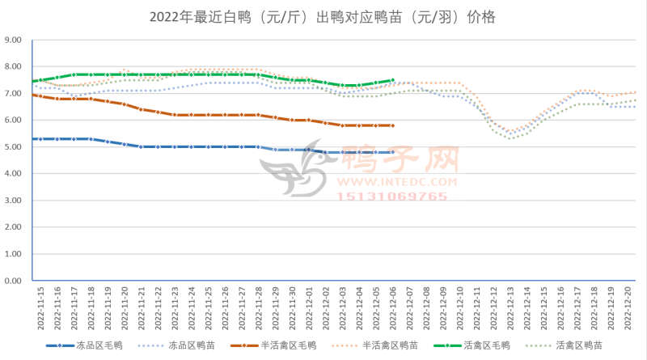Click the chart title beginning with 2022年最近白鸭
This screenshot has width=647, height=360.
point(323,16)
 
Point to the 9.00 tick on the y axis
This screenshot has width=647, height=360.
point(14,40)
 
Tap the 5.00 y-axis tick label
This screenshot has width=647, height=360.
point(14,147)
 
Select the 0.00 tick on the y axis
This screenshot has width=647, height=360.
point(14,282)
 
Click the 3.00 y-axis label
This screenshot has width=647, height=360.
point(14,201)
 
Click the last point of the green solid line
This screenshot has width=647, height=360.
point(392,80)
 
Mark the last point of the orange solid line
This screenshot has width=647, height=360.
point(392,125)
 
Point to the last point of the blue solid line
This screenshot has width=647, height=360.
point(392,152)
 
